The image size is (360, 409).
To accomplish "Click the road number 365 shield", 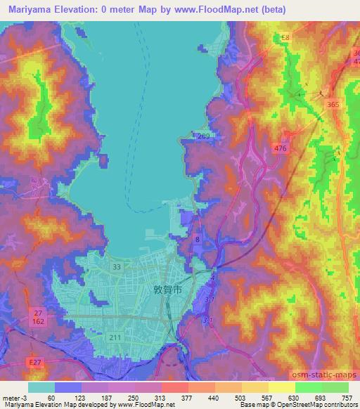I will pos(331,103).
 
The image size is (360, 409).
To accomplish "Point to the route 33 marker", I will pos(116,267).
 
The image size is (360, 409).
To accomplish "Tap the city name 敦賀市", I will pos(167,289).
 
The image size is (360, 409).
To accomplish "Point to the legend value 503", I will pos(241,397).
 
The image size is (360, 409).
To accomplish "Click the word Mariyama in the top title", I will pos(26,9).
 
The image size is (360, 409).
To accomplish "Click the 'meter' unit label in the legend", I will pos(10,397).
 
